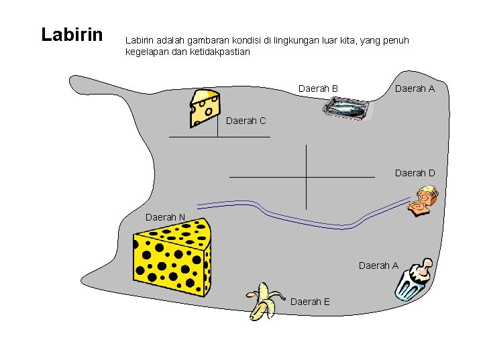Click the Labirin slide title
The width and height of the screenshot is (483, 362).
72,34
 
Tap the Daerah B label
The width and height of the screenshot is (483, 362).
318,88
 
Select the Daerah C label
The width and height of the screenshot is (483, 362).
246,121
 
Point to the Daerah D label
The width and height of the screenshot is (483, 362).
415,173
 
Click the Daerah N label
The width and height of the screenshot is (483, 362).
166,217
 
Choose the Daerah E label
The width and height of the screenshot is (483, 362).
310,302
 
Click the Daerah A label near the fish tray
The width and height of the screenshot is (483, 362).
415,88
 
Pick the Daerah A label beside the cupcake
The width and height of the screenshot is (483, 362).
378,265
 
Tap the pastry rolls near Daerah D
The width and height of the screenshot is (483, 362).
423,202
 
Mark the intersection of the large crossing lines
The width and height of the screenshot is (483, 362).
306,177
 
